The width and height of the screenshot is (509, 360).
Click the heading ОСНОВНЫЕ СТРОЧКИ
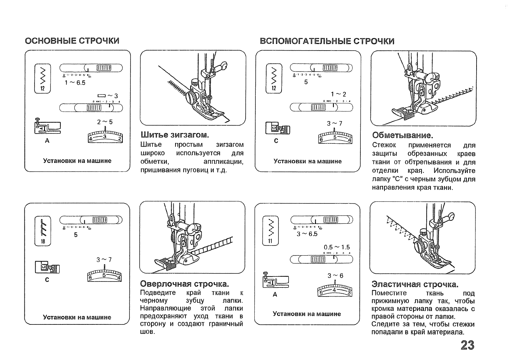[72, 41]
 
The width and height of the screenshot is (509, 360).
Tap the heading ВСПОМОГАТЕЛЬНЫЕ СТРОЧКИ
[327, 41]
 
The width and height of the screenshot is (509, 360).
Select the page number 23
[467, 345]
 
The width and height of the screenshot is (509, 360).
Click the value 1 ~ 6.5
[75, 83]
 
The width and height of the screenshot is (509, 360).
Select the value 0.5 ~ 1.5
[337, 247]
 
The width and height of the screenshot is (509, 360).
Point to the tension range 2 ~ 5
[105, 122]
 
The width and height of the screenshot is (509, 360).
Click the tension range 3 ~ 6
[335, 276]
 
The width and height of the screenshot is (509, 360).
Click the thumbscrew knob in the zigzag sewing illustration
[191, 97]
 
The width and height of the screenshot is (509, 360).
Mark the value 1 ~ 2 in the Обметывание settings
[338, 94]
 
